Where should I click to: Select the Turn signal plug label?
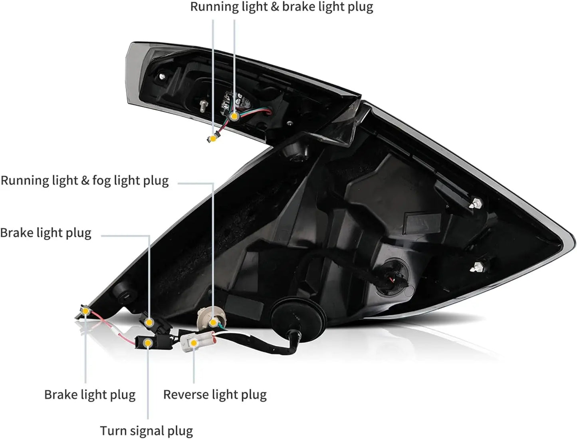click(x=146, y=431)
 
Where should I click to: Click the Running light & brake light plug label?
click(x=282, y=7)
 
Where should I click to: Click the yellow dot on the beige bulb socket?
click(x=214, y=323)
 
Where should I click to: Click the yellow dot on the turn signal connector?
click(x=148, y=343)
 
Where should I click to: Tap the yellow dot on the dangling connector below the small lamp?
click(x=213, y=138)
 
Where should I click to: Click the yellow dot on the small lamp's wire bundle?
click(x=234, y=116)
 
